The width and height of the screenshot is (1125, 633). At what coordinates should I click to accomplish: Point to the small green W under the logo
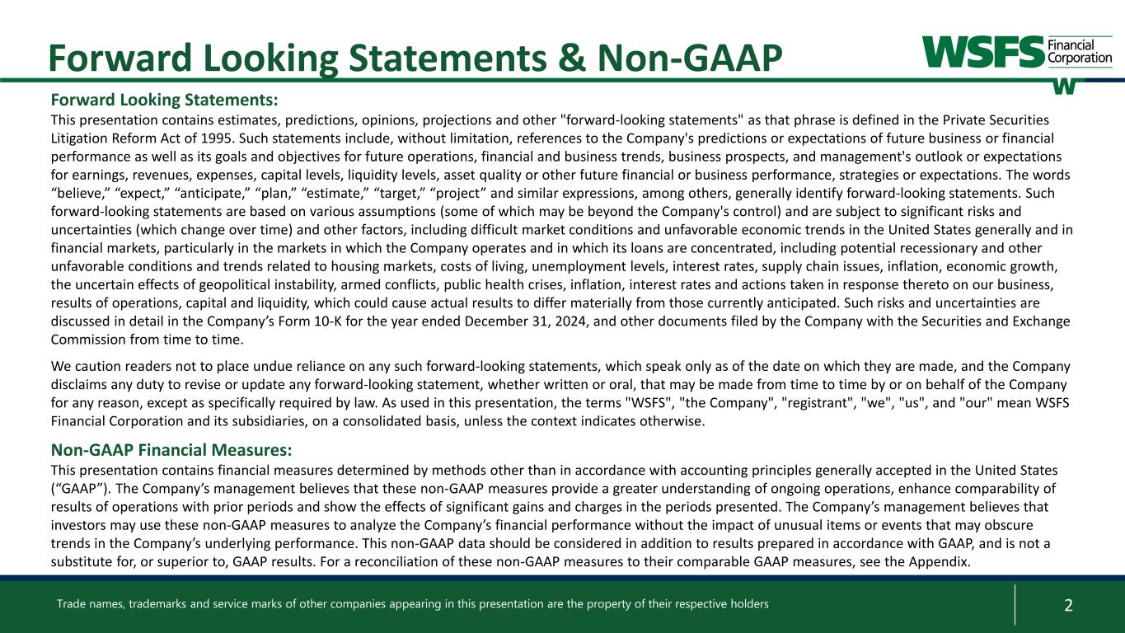point(1065,86)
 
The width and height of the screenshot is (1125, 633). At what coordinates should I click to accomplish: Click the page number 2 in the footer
point(1068,605)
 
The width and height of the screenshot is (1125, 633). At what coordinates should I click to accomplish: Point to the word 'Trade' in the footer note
point(71,604)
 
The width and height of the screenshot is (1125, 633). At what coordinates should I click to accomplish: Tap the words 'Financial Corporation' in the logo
point(1080,53)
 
